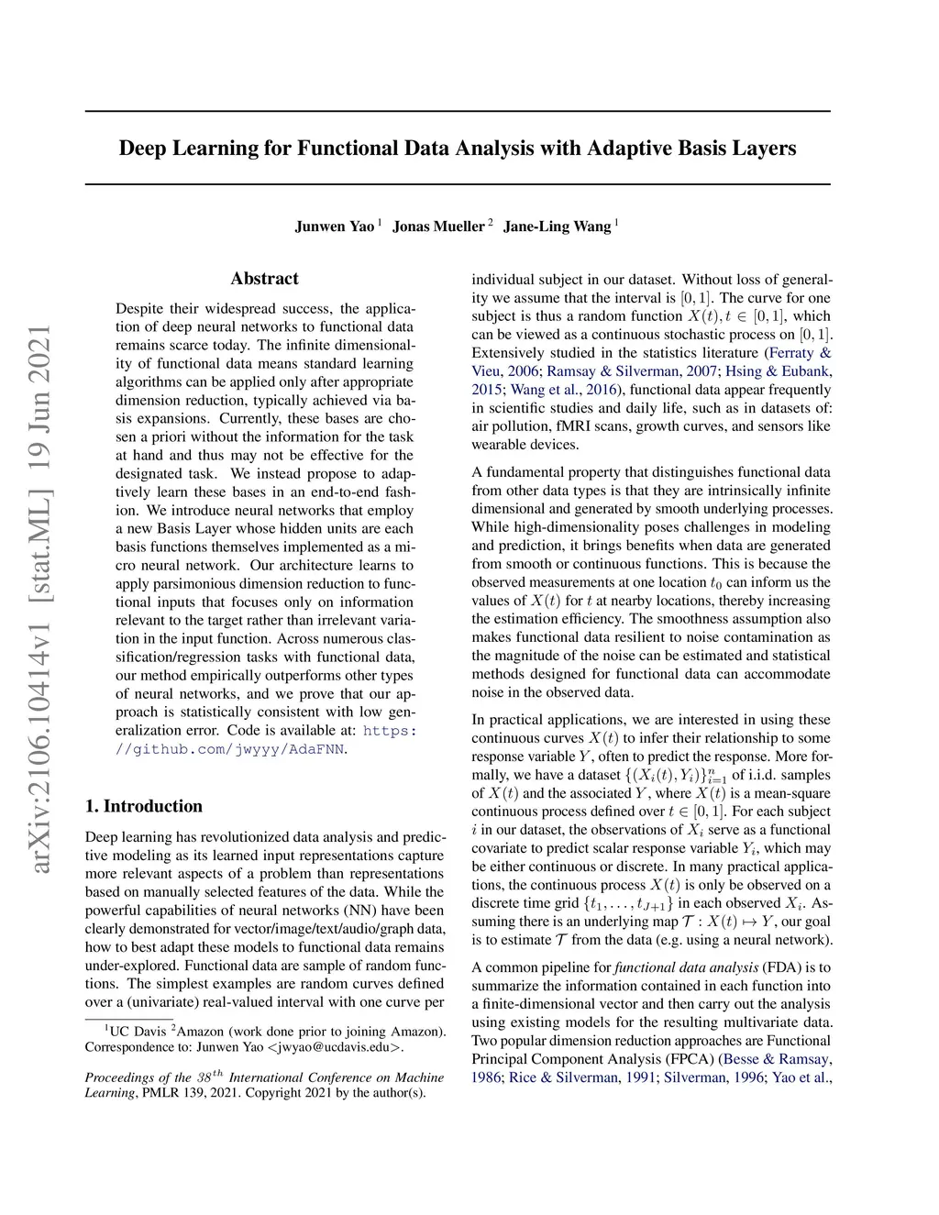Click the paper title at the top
coord(458,149)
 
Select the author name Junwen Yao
coord(334,226)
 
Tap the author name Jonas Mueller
coord(438,226)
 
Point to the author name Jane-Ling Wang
coord(557,226)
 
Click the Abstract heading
coord(264,279)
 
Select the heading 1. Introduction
coord(144,806)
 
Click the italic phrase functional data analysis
coord(686,967)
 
